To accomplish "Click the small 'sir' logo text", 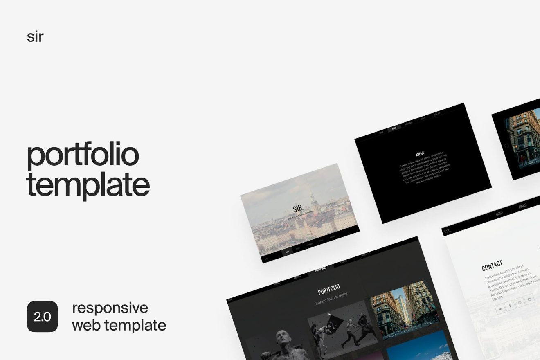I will pyautogui.click(x=35, y=37).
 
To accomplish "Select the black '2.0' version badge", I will pyautogui.click(x=43, y=317).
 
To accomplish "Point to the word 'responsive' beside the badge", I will pyautogui.click(x=110, y=308).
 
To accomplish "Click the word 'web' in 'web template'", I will pyautogui.click(x=86, y=326).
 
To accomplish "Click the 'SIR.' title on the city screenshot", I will pyautogui.click(x=299, y=209).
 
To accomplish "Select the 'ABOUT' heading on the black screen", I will pyautogui.click(x=420, y=154).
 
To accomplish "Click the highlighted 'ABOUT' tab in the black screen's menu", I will pyautogui.click(x=394, y=128).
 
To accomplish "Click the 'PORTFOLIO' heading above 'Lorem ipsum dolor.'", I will pyautogui.click(x=329, y=289).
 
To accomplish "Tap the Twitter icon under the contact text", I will pyautogui.click(x=500, y=310).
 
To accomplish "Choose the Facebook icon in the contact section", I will pyautogui.click(x=510, y=306).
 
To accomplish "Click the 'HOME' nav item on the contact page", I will pyautogui.click(x=500, y=214).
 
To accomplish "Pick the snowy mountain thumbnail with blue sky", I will pyautogui.click(x=417, y=348).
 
